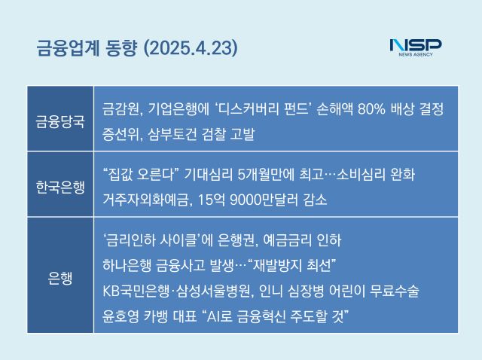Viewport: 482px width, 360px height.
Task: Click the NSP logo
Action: click(x=415, y=47)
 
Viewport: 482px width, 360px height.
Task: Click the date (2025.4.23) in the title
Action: click(x=191, y=48)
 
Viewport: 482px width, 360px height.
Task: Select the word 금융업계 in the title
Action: click(x=68, y=48)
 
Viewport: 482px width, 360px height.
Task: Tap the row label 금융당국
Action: click(x=60, y=121)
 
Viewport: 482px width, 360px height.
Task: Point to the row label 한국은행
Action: click(x=60, y=187)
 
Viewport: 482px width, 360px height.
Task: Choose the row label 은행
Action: click(x=60, y=278)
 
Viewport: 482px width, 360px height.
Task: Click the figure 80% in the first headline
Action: click(x=371, y=109)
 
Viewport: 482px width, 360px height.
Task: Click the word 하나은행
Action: click(x=127, y=265)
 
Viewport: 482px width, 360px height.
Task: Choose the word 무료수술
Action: click(x=395, y=291)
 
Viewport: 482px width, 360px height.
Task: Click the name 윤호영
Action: click(x=120, y=316)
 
